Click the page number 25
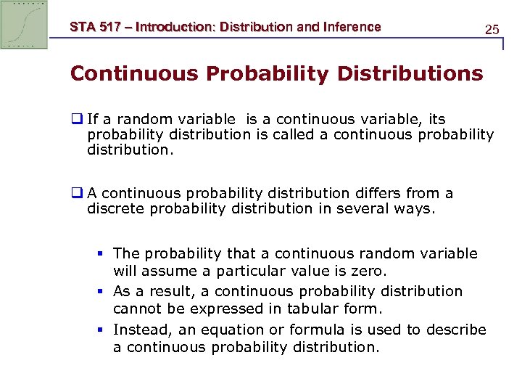tap(492, 30)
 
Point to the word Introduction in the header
tap(176, 28)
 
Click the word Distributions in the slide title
tap(407, 74)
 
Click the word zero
tap(370, 271)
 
